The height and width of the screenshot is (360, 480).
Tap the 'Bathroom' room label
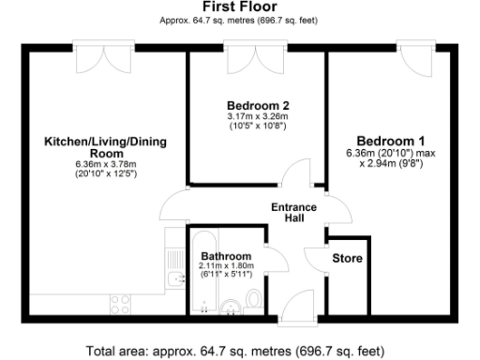point(226,256)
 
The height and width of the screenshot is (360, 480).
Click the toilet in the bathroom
point(257,300)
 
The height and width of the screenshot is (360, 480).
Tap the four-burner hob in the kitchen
point(120,302)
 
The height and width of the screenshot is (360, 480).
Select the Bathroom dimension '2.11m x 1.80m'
point(226,266)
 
